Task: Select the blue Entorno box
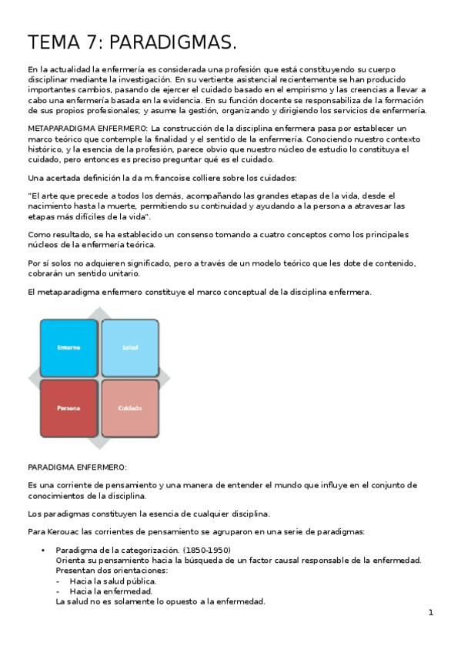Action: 68,347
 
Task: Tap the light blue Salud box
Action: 129,347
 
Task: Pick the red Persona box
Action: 68,407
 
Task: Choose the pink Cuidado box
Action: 129,407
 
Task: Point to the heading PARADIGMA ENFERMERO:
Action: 77,467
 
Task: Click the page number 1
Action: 431,613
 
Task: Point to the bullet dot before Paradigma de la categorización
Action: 43,550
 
